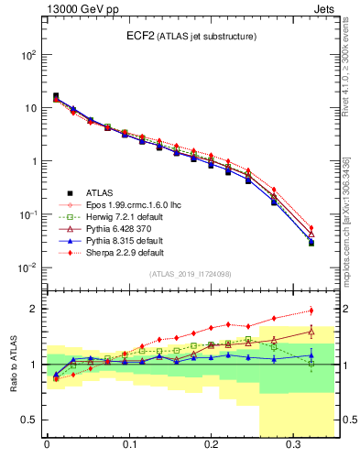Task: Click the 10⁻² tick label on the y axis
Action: [27, 267]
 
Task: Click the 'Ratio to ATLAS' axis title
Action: [12, 363]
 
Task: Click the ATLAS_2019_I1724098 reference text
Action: [190, 274]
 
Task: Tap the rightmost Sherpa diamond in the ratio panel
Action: [311, 311]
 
